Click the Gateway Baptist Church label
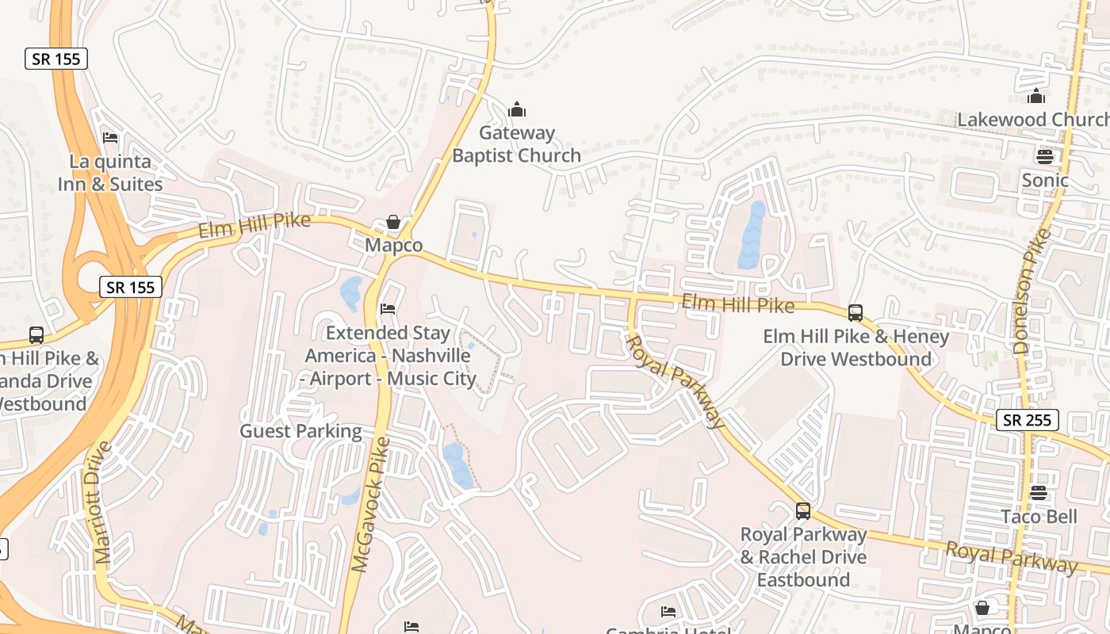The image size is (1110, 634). pos(516,144)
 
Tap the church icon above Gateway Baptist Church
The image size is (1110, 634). pos(517,109)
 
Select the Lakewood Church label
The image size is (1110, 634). pos(1033,120)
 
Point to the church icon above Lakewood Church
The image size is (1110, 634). pos(1036,97)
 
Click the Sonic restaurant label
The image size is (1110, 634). pos(1045,181)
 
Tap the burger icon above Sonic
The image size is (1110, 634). pos(1045,156)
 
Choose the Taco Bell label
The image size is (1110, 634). pos(1039,518)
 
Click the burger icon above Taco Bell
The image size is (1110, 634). pos(1039,493)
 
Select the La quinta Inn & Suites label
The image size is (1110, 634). pos(110,173)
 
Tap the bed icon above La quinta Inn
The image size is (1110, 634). pos(110,138)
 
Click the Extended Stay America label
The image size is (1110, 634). pos(388,356)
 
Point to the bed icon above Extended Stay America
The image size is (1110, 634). pos(388,308)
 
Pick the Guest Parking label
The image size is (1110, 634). pos(300,432)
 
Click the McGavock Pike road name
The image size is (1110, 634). pos(370,504)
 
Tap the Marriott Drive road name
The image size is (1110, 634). pos(104,502)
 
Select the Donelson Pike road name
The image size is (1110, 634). pos(1032,291)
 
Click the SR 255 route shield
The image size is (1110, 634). pos(1027,420)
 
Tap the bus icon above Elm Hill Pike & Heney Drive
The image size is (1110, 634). pos(855,313)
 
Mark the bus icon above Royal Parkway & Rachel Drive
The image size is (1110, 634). pos(803,511)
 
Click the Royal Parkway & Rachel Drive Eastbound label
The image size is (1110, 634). pos(803,557)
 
